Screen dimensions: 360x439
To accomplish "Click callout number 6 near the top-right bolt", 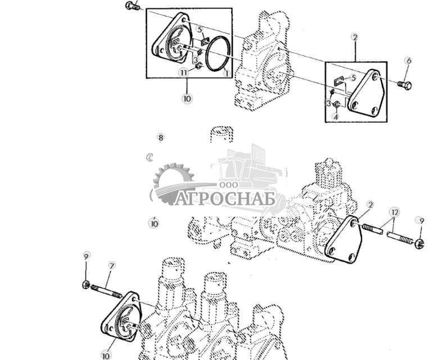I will (409, 61).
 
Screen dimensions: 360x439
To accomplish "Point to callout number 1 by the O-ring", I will (226, 73).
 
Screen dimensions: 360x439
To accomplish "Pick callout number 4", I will (336, 117).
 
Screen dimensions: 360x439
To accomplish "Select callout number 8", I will (160, 138).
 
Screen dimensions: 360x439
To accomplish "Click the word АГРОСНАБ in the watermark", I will (225, 199).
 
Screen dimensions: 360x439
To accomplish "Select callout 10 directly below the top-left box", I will (187, 98).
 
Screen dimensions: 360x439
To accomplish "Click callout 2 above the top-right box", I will (354, 38).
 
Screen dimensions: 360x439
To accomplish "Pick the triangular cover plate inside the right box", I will (365, 93).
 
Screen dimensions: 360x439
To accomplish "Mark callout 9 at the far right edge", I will (419, 220).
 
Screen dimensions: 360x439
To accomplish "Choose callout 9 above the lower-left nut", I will (86, 257).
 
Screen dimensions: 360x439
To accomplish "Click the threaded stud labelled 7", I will (107, 291).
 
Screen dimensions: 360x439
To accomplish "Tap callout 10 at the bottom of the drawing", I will (106, 355).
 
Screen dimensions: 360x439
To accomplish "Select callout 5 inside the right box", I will (353, 78).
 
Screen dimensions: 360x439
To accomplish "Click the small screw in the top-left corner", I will (133, 6).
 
